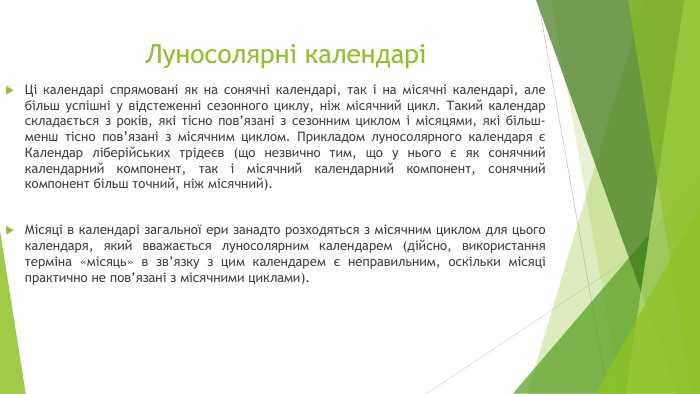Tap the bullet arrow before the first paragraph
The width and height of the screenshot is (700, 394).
click(x=10, y=89)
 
